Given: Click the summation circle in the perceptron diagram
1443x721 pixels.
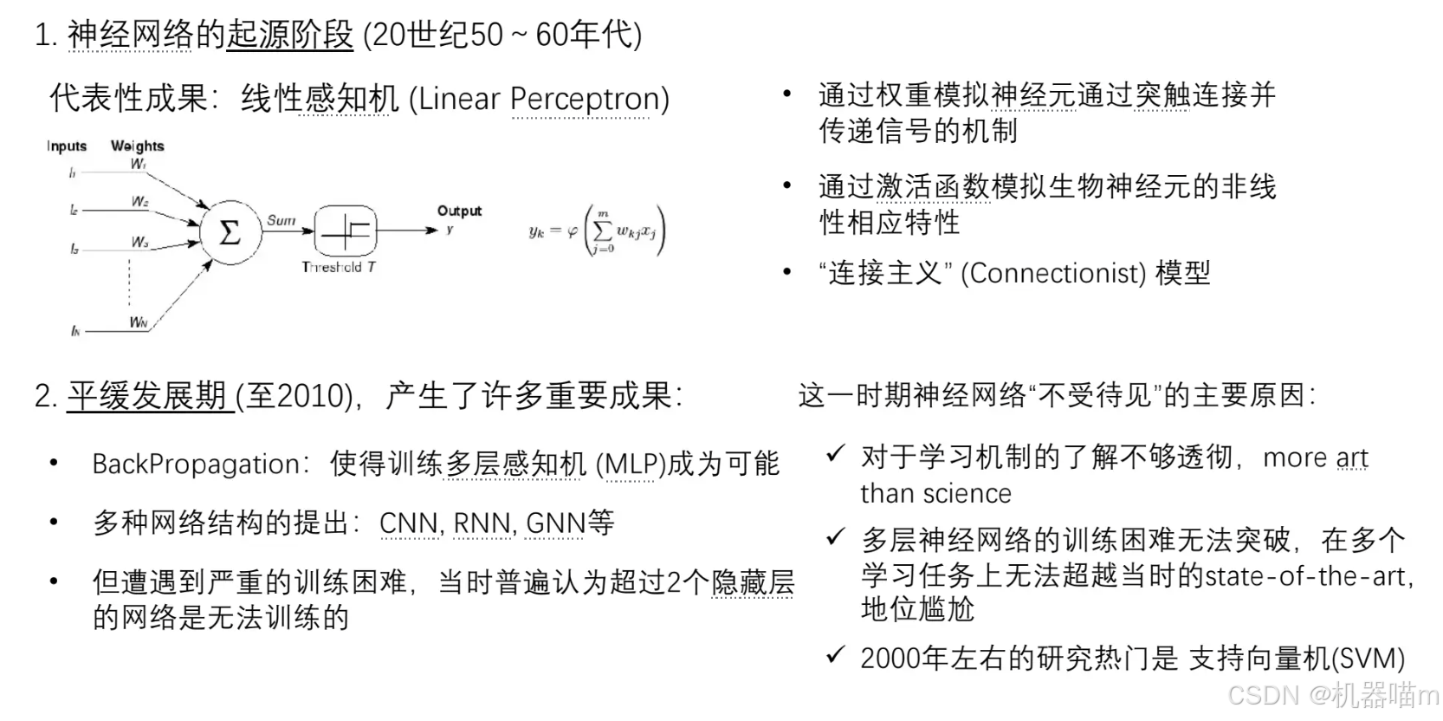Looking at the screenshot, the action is coord(230,232).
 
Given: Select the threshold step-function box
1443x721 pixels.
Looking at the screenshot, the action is coord(346,231).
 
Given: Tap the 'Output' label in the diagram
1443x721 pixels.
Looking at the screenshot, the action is coord(459,211).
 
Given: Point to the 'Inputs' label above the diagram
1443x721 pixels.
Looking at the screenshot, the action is coord(67,146).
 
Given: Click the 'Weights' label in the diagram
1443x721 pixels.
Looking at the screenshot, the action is coord(137,146).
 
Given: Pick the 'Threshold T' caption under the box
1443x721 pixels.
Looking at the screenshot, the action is coord(339,267).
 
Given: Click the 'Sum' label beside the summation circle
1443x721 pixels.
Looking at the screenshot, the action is coord(281,220).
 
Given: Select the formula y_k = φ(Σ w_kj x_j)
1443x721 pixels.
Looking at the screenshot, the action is coord(597,231).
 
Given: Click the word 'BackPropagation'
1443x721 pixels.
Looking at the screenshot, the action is coord(196,464).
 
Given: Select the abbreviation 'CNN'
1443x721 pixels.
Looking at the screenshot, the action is coord(409,523).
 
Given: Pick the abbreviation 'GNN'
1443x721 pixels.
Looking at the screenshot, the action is coord(555,523).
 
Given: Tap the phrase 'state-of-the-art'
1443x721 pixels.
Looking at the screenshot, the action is coord(1308,575).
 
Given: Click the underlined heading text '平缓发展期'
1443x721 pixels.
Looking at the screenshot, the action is coord(147,396).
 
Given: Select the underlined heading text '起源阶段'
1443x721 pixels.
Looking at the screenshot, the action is coord(290,36).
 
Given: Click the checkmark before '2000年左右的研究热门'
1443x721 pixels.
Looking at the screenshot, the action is coord(836,656).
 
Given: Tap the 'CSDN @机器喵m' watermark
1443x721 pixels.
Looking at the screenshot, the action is coord(1332,695).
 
